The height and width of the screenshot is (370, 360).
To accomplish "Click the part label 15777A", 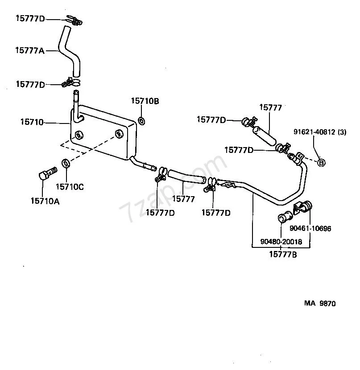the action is (x=30, y=50).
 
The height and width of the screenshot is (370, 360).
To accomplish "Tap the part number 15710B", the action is (x=145, y=101).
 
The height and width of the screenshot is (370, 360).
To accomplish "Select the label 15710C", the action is (x=70, y=187).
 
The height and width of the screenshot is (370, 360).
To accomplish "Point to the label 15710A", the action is (x=45, y=201).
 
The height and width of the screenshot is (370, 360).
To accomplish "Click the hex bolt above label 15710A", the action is (x=48, y=173).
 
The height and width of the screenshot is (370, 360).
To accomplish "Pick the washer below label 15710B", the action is (x=141, y=121).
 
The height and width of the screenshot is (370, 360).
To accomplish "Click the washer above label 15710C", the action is (x=66, y=164).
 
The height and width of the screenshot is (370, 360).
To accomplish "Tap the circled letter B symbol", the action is (x=321, y=163).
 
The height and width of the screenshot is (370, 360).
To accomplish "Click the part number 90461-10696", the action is (x=310, y=228).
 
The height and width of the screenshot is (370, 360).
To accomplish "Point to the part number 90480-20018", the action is (x=281, y=242).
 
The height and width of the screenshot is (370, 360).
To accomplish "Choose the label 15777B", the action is (x=283, y=255).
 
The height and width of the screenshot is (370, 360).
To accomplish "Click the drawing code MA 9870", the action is (x=320, y=303).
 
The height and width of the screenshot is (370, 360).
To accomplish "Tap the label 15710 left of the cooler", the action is (x=32, y=122).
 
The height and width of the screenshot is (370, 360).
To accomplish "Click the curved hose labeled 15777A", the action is (x=70, y=52).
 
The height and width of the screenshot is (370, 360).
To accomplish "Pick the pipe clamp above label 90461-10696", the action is (x=302, y=207).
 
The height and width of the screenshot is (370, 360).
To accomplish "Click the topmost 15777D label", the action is (x=30, y=18).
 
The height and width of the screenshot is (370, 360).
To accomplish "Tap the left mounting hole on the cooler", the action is (x=79, y=135).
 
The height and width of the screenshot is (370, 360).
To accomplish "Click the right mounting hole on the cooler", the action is (x=119, y=134).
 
